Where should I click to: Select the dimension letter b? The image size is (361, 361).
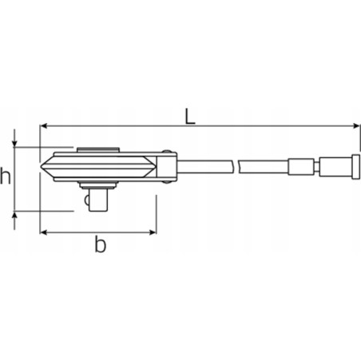click(100, 245)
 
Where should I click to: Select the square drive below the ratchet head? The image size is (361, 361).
click(97, 199)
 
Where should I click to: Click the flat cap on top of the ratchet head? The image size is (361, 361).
click(96, 149)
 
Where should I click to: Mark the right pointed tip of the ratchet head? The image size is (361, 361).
click(154, 169)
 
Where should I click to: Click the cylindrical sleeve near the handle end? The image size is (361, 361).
click(304, 169)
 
